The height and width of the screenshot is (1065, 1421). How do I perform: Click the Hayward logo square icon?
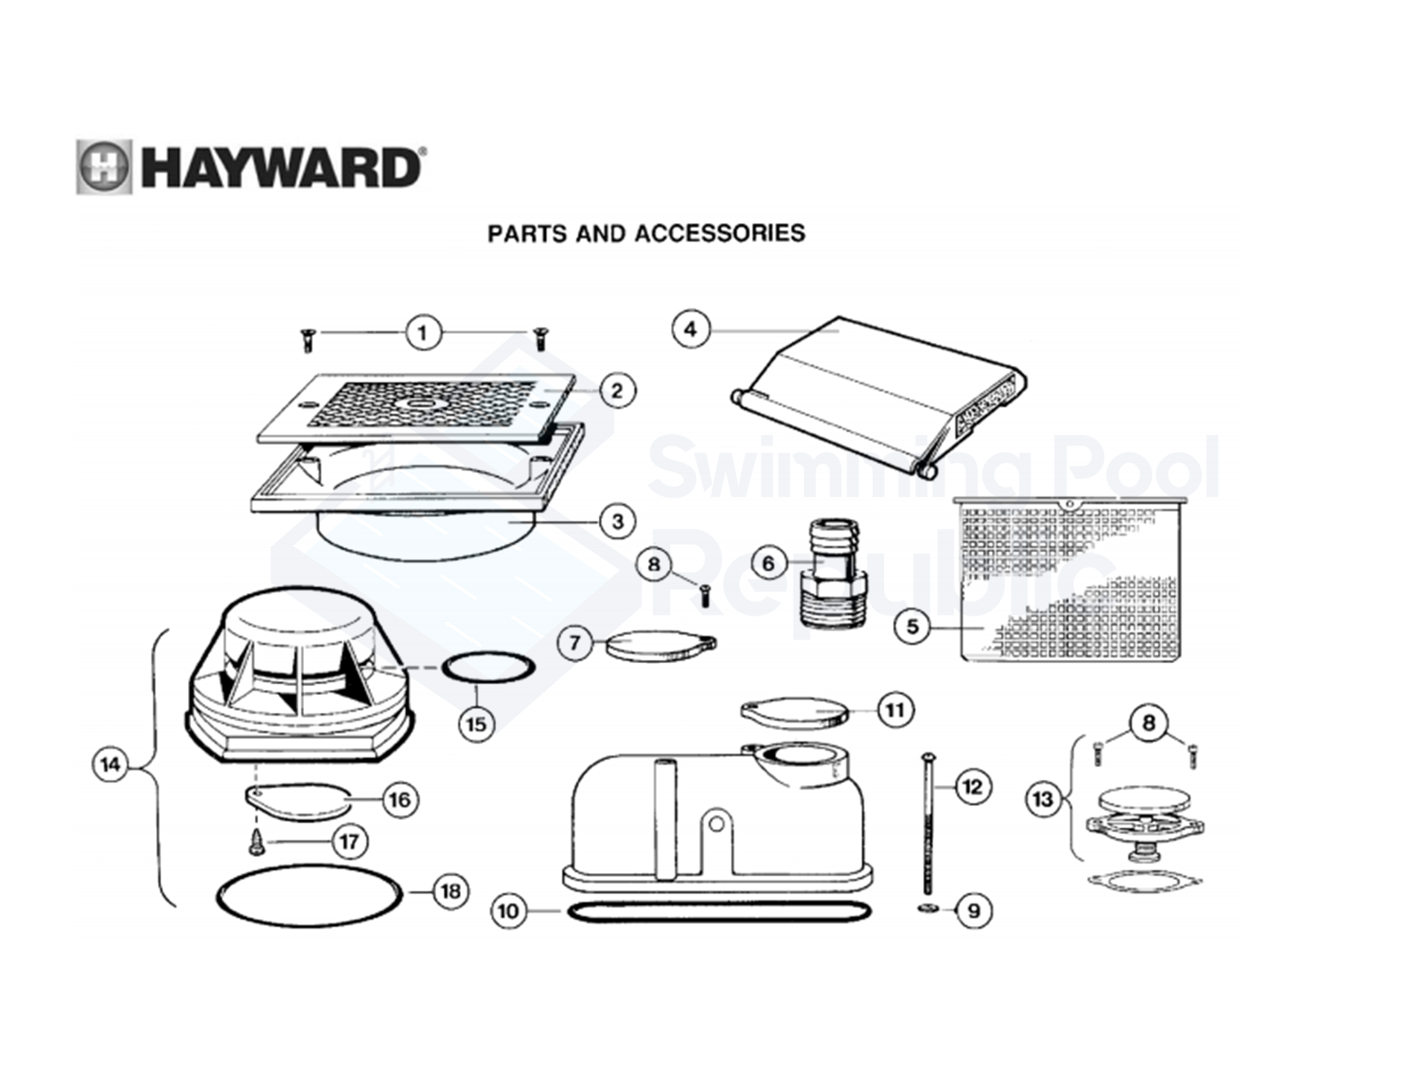click(x=104, y=167)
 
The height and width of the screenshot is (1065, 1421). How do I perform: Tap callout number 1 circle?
click(x=422, y=332)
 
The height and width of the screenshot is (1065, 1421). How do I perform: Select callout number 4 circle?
click(x=690, y=329)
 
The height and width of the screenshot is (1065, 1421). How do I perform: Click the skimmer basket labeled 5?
click(x=1070, y=580)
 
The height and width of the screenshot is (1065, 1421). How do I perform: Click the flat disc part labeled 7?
click(x=659, y=645)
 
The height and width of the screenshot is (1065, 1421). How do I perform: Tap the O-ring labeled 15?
click(x=489, y=667)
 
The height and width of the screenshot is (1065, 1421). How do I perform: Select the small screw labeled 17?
click(x=257, y=842)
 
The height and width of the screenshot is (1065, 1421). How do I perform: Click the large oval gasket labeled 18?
click(x=310, y=896)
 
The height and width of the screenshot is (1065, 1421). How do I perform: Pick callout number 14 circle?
click(x=110, y=765)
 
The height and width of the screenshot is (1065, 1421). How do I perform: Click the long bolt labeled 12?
click(x=928, y=825)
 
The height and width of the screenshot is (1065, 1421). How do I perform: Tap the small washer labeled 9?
click(x=928, y=909)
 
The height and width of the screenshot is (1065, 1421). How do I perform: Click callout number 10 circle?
click(x=508, y=911)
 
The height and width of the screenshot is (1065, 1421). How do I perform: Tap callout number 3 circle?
click(x=617, y=520)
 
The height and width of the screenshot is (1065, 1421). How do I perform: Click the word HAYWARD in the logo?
click(x=282, y=168)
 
